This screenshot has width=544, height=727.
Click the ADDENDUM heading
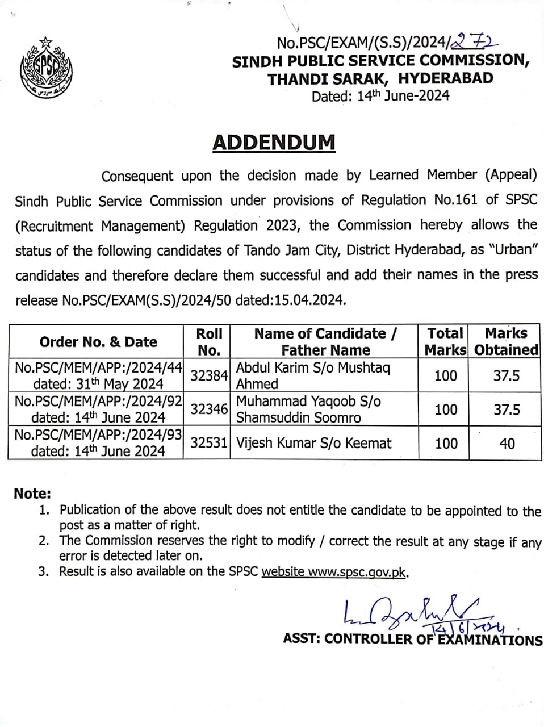[274, 143]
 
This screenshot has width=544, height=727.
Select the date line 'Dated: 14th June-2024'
[380, 95]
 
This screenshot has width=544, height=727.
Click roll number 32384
[209, 375]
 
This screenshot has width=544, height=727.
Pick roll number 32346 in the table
[209, 409]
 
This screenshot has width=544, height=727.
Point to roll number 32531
[209, 442]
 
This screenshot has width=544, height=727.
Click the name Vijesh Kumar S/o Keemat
[313, 443]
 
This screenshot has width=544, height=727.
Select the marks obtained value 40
[507, 443]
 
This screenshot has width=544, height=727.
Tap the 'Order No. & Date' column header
[98, 342]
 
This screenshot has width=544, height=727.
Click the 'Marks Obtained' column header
[506, 341]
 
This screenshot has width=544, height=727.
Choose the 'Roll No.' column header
[209, 341]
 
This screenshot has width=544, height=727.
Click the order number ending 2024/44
[98, 368]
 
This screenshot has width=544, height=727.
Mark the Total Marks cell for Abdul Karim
[445, 375]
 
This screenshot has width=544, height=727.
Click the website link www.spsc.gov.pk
[357, 572]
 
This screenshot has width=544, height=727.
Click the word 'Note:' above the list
[32, 493]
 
